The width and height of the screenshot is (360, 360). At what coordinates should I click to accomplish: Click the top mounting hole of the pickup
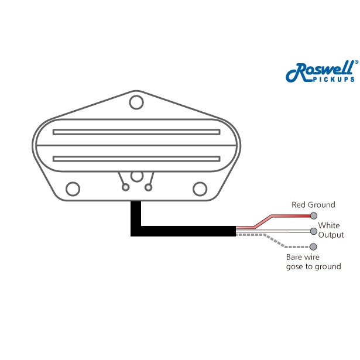tap(137, 102)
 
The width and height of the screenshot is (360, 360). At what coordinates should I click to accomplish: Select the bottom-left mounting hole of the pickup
tap(73, 188)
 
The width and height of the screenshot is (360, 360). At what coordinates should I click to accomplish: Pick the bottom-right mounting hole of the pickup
tap(201, 188)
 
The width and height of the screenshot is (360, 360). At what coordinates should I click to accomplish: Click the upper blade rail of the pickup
tap(136, 132)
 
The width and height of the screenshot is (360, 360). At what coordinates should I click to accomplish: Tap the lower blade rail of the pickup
tap(136, 159)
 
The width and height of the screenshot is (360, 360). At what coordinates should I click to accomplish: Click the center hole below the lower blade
tap(137, 176)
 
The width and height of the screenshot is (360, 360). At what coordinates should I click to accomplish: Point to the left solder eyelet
tap(125, 187)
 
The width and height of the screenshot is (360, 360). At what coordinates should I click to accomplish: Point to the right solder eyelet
tap(149, 187)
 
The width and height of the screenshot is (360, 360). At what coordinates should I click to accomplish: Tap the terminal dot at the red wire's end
tap(314, 215)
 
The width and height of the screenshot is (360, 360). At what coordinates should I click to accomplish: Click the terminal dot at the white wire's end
tap(314, 231)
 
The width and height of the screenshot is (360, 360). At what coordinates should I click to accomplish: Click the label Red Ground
tap(313, 205)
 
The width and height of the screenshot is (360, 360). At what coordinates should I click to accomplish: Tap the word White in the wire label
tap(328, 225)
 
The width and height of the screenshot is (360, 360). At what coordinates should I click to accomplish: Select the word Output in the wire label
tap(331, 235)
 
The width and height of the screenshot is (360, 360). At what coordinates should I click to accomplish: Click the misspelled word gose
tap(294, 266)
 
